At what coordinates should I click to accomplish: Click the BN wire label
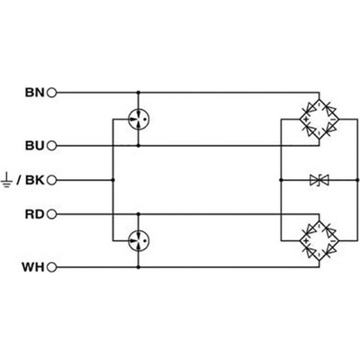click(x=35, y=93)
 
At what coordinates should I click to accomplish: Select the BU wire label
click(x=35, y=146)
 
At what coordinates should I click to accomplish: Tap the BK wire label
click(x=35, y=180)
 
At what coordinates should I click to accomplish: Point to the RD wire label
click(x=35, y=214)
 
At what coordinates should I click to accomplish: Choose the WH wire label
click(x=33, y=267)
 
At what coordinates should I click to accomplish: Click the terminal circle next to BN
click(x=52, y=93)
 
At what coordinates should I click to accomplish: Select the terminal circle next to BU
click(x=52, y=146)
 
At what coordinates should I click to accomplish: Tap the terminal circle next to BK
click(x=52, y=180)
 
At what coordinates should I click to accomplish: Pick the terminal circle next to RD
click(x=52, y=214)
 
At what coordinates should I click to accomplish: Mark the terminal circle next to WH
click(x=52, y=267)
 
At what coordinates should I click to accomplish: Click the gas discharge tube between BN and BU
click(x=139, y=119)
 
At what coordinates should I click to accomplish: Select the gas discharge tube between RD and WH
click(x=139, y=240)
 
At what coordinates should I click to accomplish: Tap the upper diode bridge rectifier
click(x=319, y=119)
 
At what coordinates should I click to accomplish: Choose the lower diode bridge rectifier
click(x=319, y=240)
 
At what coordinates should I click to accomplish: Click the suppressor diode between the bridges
click(x=319, y=180)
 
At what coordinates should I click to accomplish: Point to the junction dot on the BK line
click(x=113, y=180)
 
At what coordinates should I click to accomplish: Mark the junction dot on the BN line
click(x=139, y=93)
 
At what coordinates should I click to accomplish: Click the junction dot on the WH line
click(x=139, y=267)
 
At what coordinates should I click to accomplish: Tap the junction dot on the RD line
click(x=139, y=214)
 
